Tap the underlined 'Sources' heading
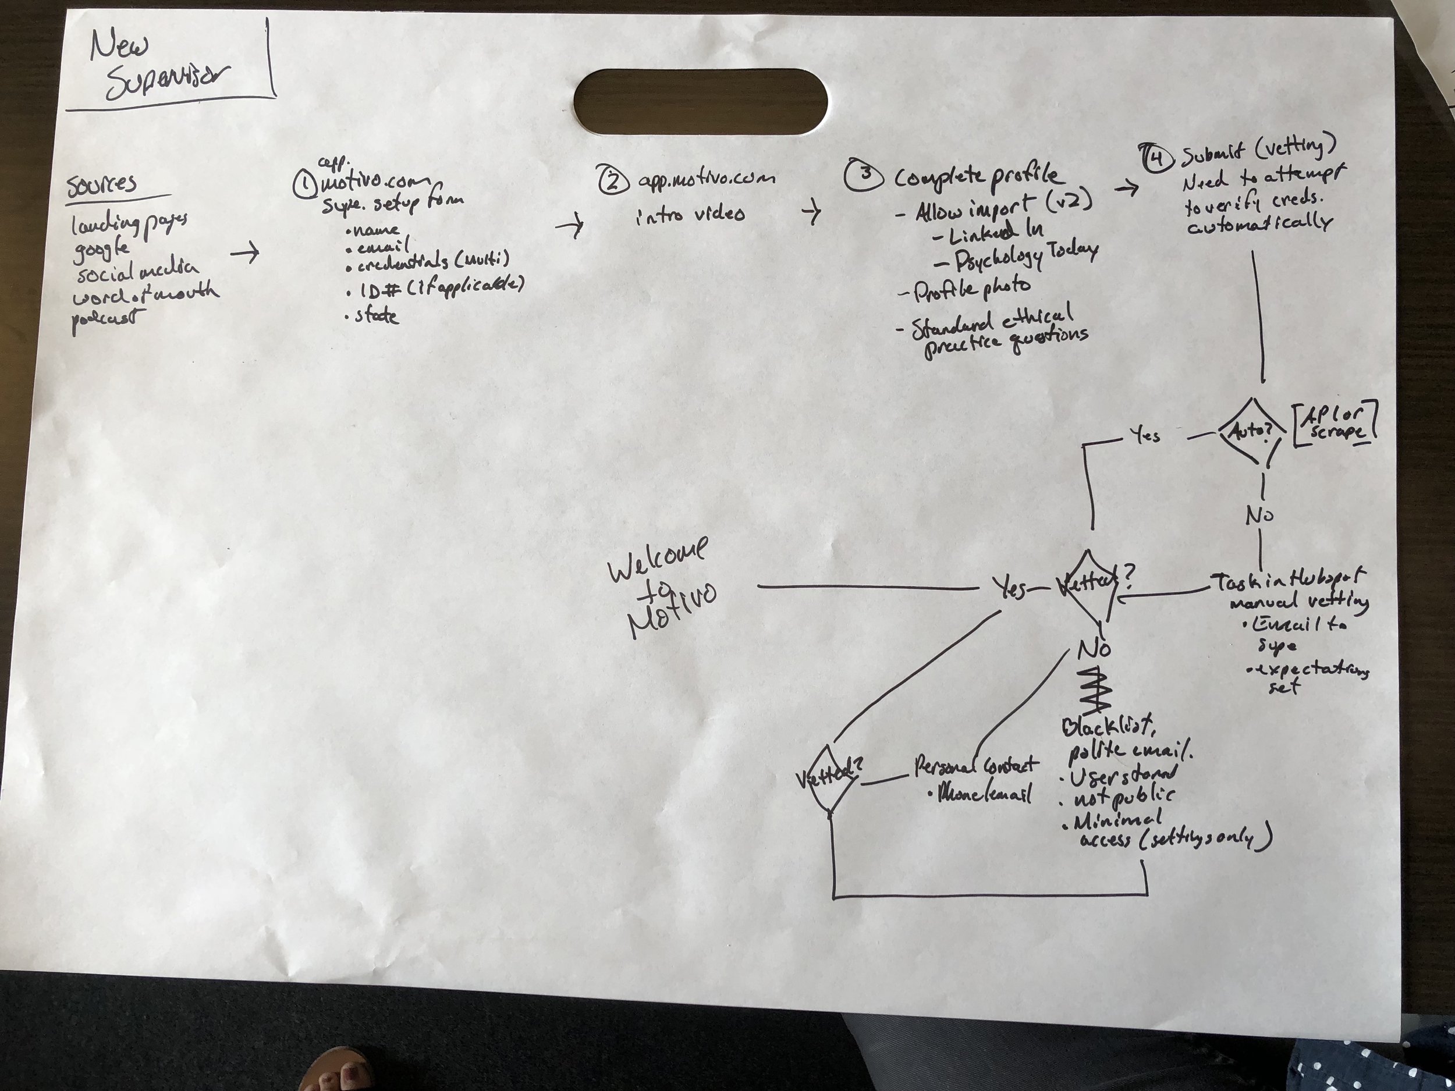[102, 184]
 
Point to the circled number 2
[613, 178]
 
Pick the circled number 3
[864, 175]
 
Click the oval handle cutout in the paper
[701, 102]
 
